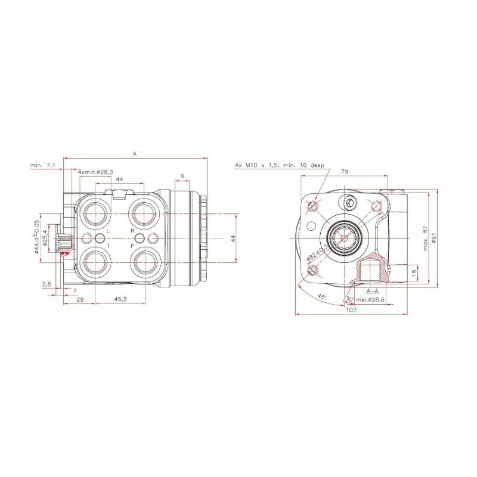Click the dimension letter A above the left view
[x=135, y=154]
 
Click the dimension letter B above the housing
[x=182, y=176]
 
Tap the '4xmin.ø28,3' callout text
[x=96, y=172]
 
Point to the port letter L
[x=108, y=230]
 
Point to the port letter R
[x=132, y=230]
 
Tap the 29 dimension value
[x=80, y=299]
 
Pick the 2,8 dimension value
[x=46, y=285]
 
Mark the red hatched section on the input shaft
[x=64, y=253]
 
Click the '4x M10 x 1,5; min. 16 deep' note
[x=280, y=164]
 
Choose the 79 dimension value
[x=344, y=172]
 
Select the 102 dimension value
[x=351, y=310]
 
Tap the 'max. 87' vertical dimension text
[x=425, y=238]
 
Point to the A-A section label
[x=373, y=291]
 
